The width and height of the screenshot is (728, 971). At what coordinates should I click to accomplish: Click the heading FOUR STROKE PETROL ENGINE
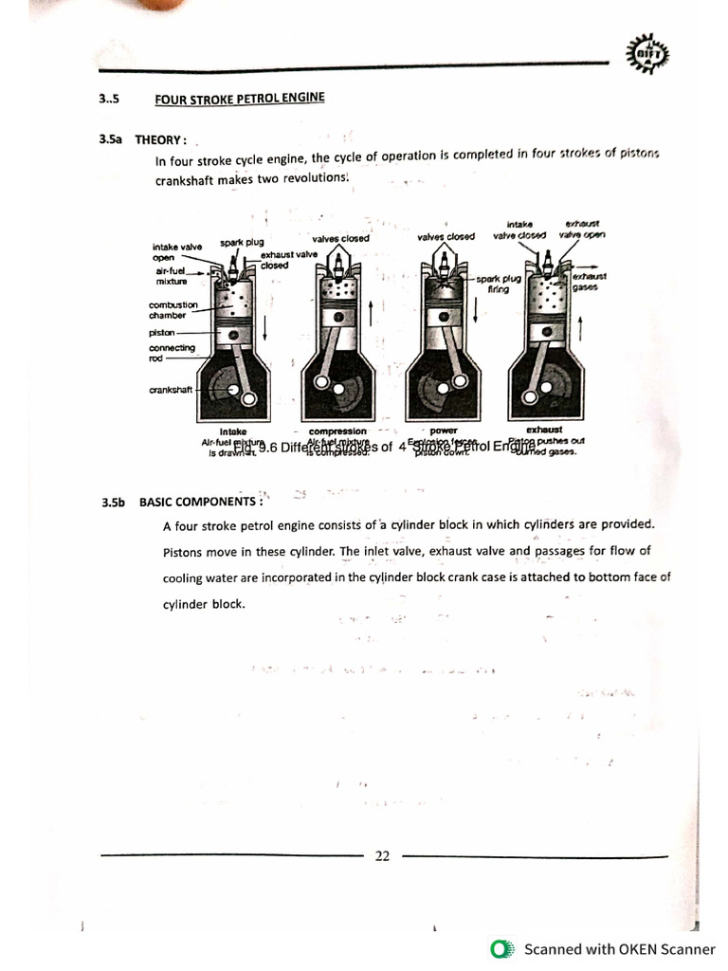tap(239, 98)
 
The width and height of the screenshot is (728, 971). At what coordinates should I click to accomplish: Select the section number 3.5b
tap(113, 503)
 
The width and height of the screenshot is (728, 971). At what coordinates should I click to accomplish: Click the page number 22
tap(382, 855)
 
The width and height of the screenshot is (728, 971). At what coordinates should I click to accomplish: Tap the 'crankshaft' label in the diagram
tap(171, 390)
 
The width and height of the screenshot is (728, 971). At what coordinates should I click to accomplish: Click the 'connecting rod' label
tap(171, 353)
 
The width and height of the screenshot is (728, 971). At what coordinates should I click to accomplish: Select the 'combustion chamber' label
tap(173, 310)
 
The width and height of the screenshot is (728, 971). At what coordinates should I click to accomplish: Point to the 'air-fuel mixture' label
tap(172, 276)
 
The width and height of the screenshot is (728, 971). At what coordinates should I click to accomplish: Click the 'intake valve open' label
tap(176, 251)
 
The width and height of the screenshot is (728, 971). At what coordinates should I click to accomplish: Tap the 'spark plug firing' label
tap(499, 284)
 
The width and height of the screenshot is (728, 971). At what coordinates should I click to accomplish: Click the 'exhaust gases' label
tap(589, 282)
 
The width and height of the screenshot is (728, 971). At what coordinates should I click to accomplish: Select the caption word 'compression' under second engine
tap(337, 431)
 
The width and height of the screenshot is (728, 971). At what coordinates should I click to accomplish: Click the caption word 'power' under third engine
tap(443, 431)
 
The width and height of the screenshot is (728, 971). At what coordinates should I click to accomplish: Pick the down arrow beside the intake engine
tap(265, 328)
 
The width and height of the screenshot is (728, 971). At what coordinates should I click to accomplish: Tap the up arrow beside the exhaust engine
tap(579, 331)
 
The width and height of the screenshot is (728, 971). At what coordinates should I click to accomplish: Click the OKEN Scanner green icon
tap(500, 949)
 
